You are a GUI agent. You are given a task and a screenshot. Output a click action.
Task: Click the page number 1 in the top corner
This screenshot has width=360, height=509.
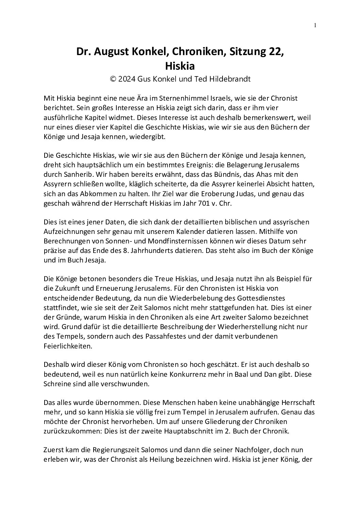(x=315, y=25)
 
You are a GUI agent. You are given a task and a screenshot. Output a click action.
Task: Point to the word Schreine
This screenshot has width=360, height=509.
(x=56, y=384)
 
